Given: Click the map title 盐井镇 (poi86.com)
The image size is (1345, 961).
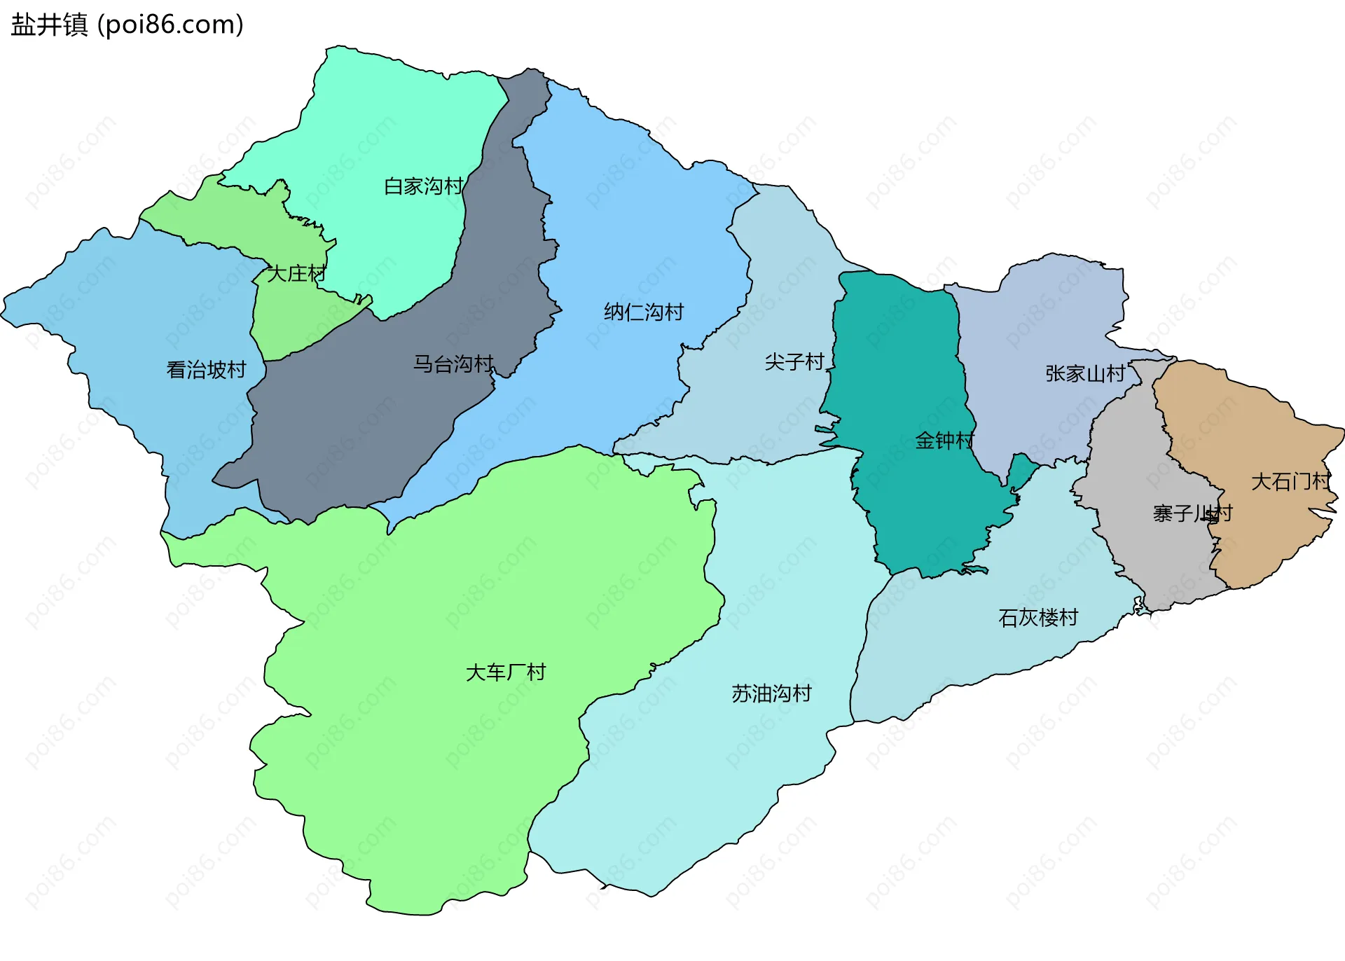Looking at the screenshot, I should point(127,25).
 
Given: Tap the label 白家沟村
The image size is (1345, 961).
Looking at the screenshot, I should point(423,186).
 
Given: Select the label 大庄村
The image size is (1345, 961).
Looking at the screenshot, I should point(296,274).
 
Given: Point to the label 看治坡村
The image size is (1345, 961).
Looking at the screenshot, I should point(206,370).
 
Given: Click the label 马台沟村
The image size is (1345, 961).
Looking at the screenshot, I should point(453,364).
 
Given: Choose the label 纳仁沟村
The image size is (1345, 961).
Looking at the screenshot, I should point(644,312).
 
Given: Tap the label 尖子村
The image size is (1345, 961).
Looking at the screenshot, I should point(794,362).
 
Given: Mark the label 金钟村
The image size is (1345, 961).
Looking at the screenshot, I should point(944,441).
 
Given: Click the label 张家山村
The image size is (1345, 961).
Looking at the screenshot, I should point(1085,373).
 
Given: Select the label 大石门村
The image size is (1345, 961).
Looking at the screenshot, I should point(1290,482).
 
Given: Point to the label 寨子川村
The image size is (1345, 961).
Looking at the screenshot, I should point(1192,513).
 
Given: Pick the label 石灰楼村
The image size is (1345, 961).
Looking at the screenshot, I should point(1038,618).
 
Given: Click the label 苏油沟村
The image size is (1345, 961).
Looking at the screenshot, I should point(771,693).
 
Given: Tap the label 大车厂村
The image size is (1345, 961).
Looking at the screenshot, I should point(505,672).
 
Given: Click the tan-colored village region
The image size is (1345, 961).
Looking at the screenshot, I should point(1254,434).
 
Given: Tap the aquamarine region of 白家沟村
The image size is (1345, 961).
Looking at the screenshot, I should point(392,126).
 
